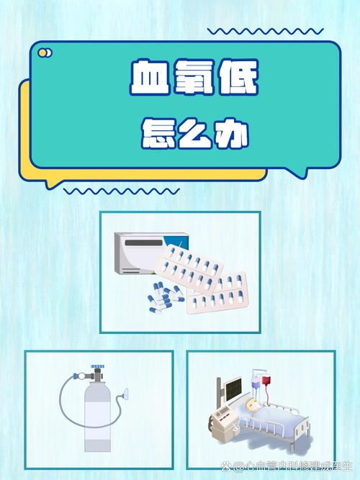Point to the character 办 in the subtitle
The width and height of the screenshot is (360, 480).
pos(232,135)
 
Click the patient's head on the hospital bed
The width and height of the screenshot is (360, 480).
pos(252,406)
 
